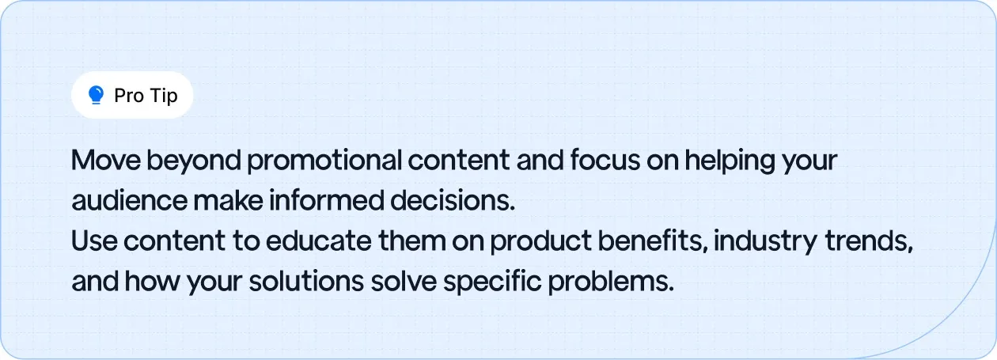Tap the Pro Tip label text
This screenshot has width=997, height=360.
point(146,97)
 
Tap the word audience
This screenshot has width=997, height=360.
point(128,202)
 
